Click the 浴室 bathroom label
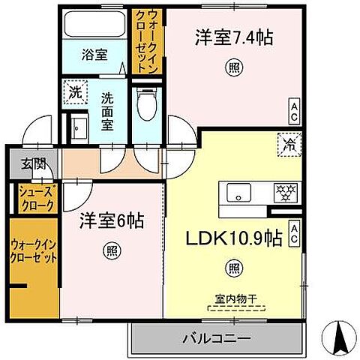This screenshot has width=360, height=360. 94,55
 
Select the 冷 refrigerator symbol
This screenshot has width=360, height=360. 289,143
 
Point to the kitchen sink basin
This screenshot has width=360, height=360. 238,192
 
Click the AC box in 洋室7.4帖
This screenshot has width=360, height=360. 295,112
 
